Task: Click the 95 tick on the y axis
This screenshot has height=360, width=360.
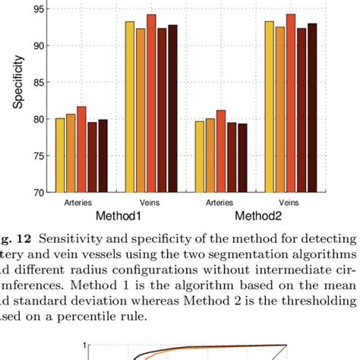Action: pos(36,9)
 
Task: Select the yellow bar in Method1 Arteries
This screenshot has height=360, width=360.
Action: pos(60,155)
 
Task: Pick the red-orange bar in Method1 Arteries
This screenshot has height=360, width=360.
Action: pos(81,149)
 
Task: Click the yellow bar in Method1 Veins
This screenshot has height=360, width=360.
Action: pos(130,106)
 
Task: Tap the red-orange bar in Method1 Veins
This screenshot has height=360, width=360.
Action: pos(151,103)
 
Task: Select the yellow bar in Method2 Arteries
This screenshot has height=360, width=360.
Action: pos(200,156)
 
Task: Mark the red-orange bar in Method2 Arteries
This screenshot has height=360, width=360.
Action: pos(221,151)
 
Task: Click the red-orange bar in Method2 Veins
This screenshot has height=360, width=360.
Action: pos(290,103)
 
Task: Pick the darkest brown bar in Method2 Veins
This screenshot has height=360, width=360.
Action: pos(311,107)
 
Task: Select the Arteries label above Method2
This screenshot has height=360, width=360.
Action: pos(220,203)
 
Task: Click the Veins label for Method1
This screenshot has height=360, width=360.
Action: pos(150,203)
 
